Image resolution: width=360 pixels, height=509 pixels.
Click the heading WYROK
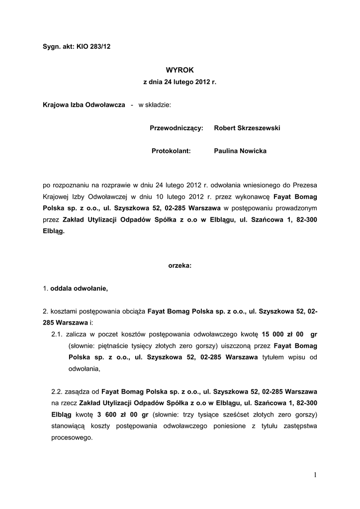(x=180, y=70)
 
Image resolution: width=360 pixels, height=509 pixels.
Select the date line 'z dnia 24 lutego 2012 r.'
(x=180, y=81)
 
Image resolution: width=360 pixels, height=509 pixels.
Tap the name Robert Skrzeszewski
(x=247, y=128)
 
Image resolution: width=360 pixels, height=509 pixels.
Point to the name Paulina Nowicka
(x=240, y=151)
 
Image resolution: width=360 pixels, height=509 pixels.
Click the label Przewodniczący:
(x=177, y=128)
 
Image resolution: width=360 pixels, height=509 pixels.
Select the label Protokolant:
(x=171, y=151)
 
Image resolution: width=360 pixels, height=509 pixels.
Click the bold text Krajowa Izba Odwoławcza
(x=84, y=105)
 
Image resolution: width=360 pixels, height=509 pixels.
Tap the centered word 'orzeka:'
(x=180, y=266)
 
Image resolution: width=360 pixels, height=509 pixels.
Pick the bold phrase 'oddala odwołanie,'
(x=79, y=288)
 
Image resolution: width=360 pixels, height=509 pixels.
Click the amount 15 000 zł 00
(x=282, y=334)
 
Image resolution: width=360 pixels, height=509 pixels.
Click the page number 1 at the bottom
(x=315, y=475)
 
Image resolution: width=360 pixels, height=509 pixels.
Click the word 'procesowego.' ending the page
(x=72, y=438)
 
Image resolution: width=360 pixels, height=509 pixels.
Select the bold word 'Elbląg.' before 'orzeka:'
(x=54, y=231)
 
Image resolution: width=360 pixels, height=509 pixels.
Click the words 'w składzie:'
(x=155, y=105)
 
